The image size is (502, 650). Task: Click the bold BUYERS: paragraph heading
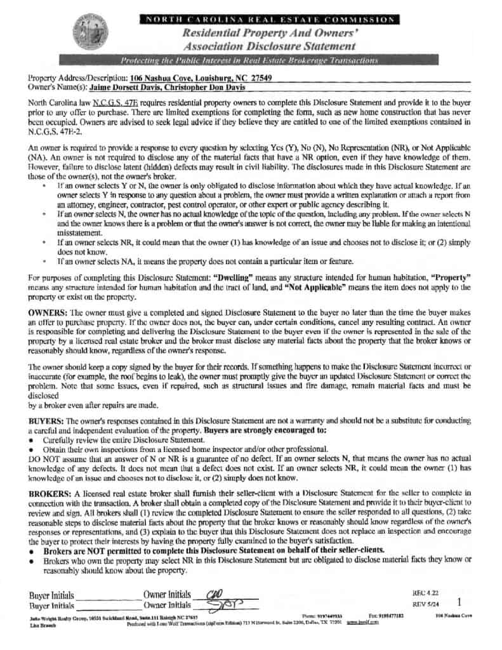tap(46, 421)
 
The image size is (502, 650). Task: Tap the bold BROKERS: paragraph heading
tap(50, 493)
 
